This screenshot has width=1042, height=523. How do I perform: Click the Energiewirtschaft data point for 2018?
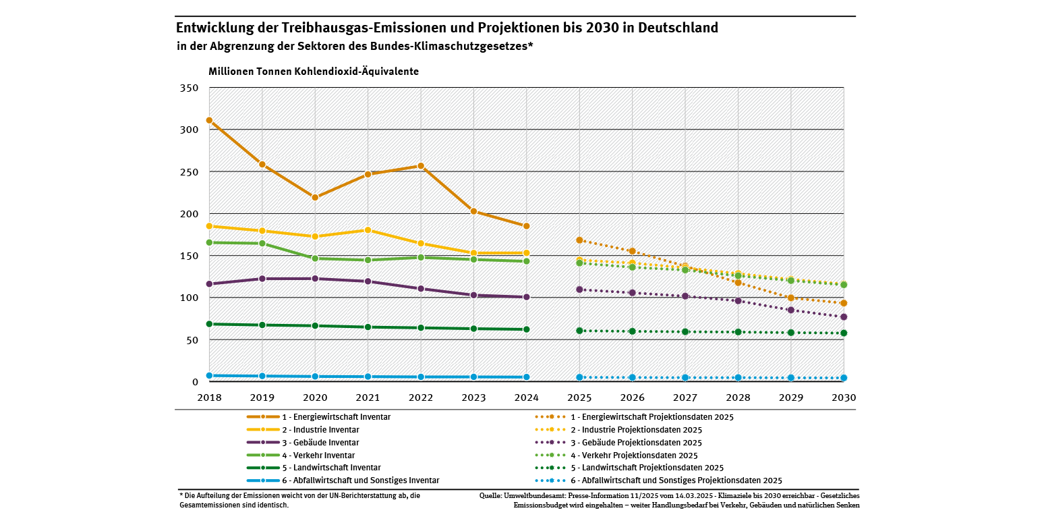(x=209, y=120)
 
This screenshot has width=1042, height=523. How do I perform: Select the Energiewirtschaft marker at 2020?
(x=315, y=197)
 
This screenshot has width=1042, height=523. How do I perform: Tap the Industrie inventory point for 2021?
(x=368, y=230)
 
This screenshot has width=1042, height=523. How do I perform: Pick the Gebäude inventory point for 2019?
(x=262, y=278)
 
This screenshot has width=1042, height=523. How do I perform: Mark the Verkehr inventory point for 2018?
(x=209, y=242)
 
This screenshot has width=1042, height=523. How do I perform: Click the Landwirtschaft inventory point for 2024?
(x=526, y=329)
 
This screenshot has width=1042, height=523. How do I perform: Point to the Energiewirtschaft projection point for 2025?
(x=579, y=240)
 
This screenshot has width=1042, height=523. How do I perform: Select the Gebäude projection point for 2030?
(x=843, y=316)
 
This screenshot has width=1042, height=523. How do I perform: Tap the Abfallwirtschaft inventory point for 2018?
(x=209, y=375)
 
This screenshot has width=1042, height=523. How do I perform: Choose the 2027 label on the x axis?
(x=685, y=398)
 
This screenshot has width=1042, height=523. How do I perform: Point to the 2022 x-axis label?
(x=421, y=398)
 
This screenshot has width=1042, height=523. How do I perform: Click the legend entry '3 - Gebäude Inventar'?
(x=320, y=443)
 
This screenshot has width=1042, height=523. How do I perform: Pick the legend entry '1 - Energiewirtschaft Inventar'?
(x=336, y=417)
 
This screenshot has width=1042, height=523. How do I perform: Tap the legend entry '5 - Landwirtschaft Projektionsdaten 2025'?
(x=647, y=468)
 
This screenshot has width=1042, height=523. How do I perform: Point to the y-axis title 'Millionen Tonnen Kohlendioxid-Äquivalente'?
(x=313, y=71)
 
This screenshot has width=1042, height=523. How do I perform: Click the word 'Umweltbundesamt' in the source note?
(x=532, y=495)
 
